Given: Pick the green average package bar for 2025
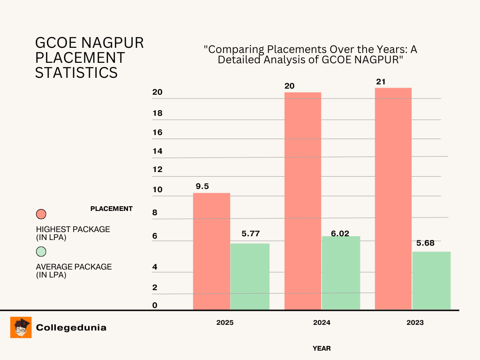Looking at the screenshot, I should pos(250,276).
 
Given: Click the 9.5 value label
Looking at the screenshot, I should pos(202,186).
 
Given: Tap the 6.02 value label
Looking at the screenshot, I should pos(340,233).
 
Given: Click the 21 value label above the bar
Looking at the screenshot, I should pos(381,82).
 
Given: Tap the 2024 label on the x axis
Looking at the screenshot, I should pos(322,322).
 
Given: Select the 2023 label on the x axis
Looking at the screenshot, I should pos(415,322).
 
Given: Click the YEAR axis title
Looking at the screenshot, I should pos(322,348).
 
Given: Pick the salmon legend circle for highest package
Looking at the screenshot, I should pos(41,214).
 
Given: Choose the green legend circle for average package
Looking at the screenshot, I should pos(41,252).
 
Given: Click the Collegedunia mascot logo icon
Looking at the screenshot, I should pos(21,327).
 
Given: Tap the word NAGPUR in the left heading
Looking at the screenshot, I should pos(114,43).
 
